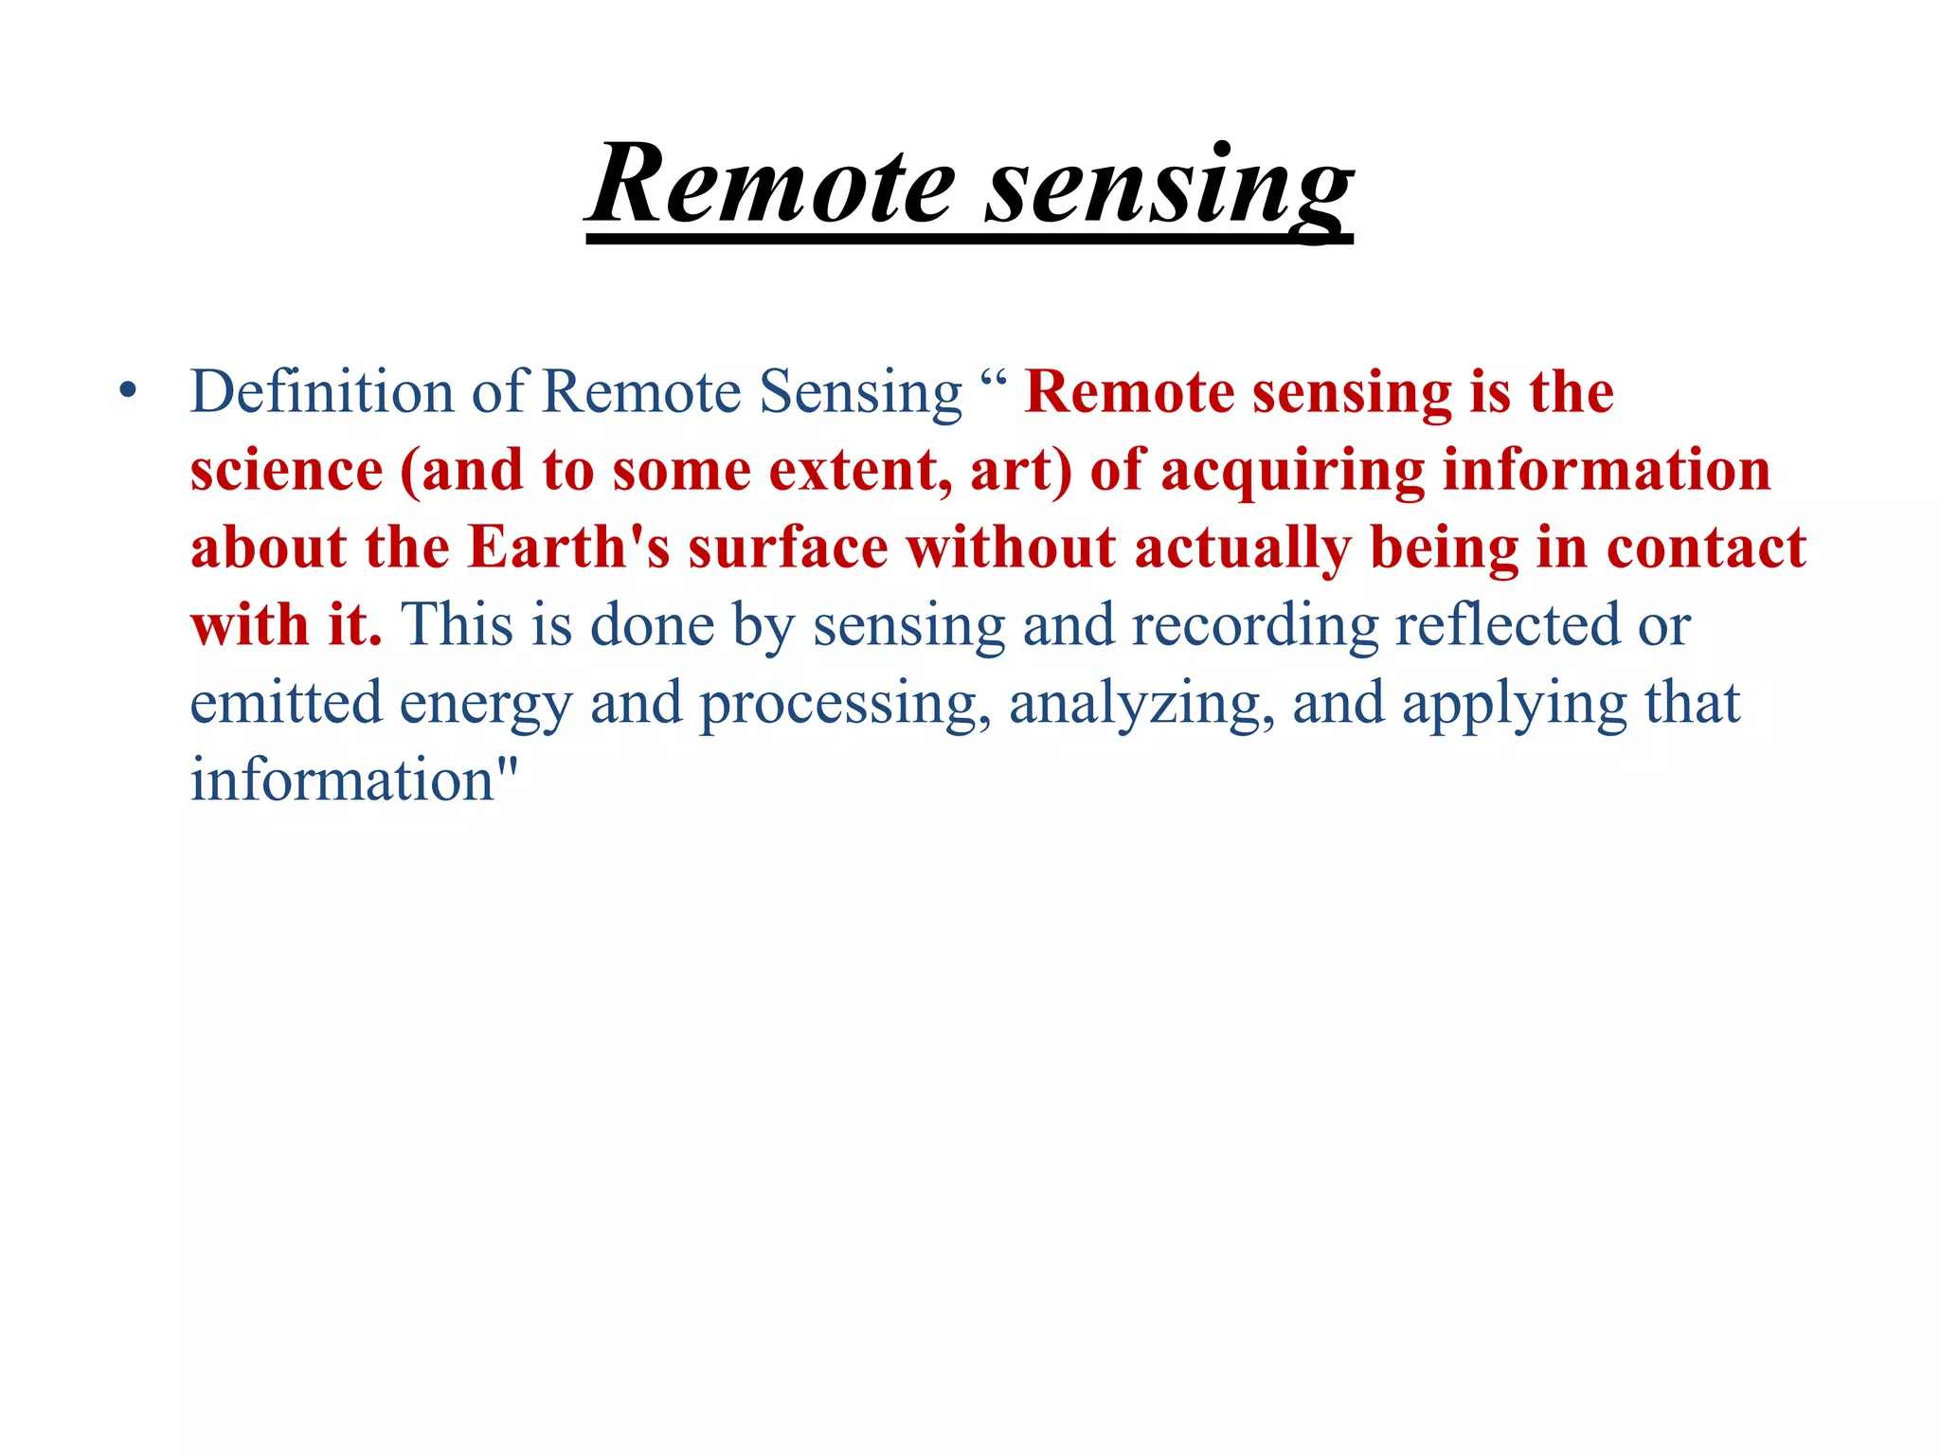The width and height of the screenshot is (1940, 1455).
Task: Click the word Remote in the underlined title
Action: coord(772,185)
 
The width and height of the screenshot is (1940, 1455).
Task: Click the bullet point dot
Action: coord(129,391)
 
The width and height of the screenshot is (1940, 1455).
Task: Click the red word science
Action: coord(286,471)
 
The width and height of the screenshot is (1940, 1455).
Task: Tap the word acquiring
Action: coord(1292,471)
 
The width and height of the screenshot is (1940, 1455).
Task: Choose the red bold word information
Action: coord(1606,471)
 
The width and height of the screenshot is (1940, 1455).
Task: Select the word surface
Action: coord(788,548)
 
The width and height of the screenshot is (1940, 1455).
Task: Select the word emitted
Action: coord(286,704)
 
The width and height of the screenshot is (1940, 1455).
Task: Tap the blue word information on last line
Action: coord(343,781)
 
